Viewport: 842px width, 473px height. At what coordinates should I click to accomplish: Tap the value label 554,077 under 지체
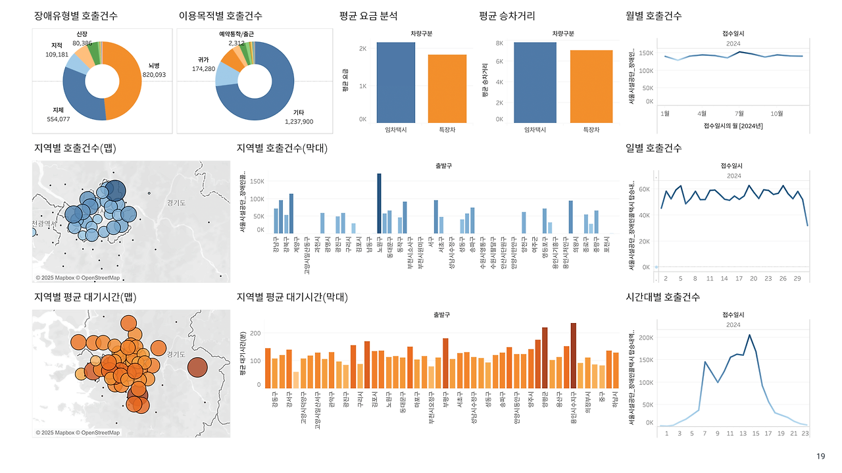pyautogui.click(x=59, y=119)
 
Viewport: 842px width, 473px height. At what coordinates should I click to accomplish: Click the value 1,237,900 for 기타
pyautogui.click(x=299, y=122)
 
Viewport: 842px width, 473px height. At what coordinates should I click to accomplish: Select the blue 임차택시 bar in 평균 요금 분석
pyautogui.click(x=396, y=82)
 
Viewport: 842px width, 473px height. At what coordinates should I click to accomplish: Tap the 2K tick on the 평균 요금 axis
pyautogui.click(x=362, y=49)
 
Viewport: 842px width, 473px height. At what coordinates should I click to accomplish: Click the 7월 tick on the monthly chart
pyautogui.click(x=739, y=113)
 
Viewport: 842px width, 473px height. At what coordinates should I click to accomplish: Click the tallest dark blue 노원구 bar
pyautogui.click(x=379, y=203)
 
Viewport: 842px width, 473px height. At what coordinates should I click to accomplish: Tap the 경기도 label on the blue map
pyautogui.click(x=176, y=203)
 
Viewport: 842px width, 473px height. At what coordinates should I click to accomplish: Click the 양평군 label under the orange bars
pyautogui.click(x=545, y=402)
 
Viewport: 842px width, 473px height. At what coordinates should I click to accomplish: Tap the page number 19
pyautogui.click(x=820, y=457)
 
